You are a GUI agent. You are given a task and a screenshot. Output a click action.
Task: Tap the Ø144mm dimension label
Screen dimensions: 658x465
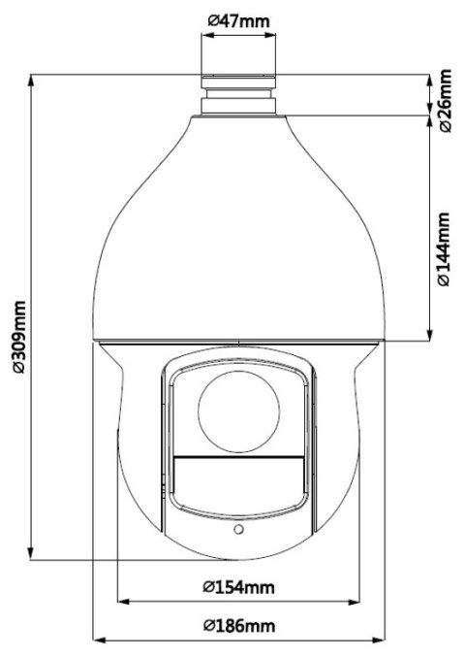coord(445,249)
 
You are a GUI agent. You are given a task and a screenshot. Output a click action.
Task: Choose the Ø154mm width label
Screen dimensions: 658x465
coord(238,587)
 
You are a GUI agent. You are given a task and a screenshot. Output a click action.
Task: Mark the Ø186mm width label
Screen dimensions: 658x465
coord(238,626)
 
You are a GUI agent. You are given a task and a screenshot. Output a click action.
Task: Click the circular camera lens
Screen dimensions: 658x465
coord(237,411)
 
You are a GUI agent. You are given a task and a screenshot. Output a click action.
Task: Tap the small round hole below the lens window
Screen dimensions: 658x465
coord(237,530)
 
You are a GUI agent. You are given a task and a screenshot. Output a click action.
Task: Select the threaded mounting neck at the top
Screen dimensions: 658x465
coord(238,90)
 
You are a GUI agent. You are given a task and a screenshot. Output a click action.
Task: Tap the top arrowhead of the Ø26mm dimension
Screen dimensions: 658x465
coord(429,77)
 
